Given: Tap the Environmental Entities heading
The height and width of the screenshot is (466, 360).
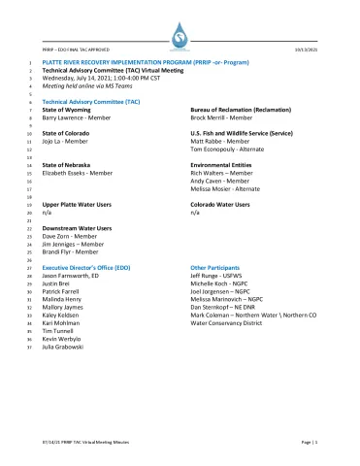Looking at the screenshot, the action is [x=225, y=165].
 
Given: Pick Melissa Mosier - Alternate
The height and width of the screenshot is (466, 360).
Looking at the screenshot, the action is [x=227, y=189].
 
